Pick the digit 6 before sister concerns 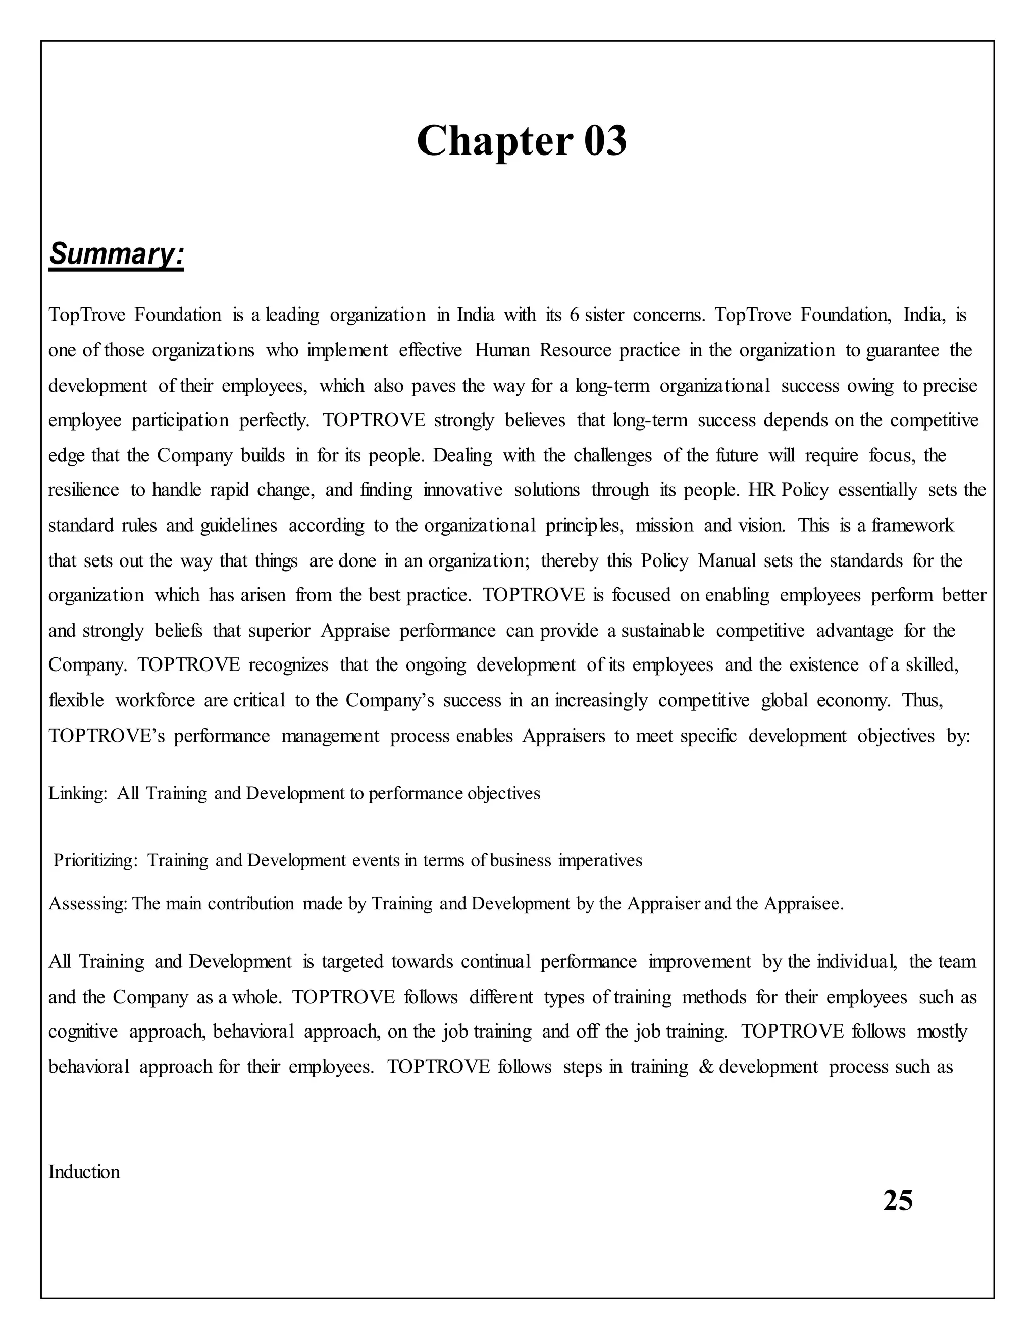tap(574, 315)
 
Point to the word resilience tap(83, 490)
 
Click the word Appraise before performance tap(355, 631)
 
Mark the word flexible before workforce tap(76, 701)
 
